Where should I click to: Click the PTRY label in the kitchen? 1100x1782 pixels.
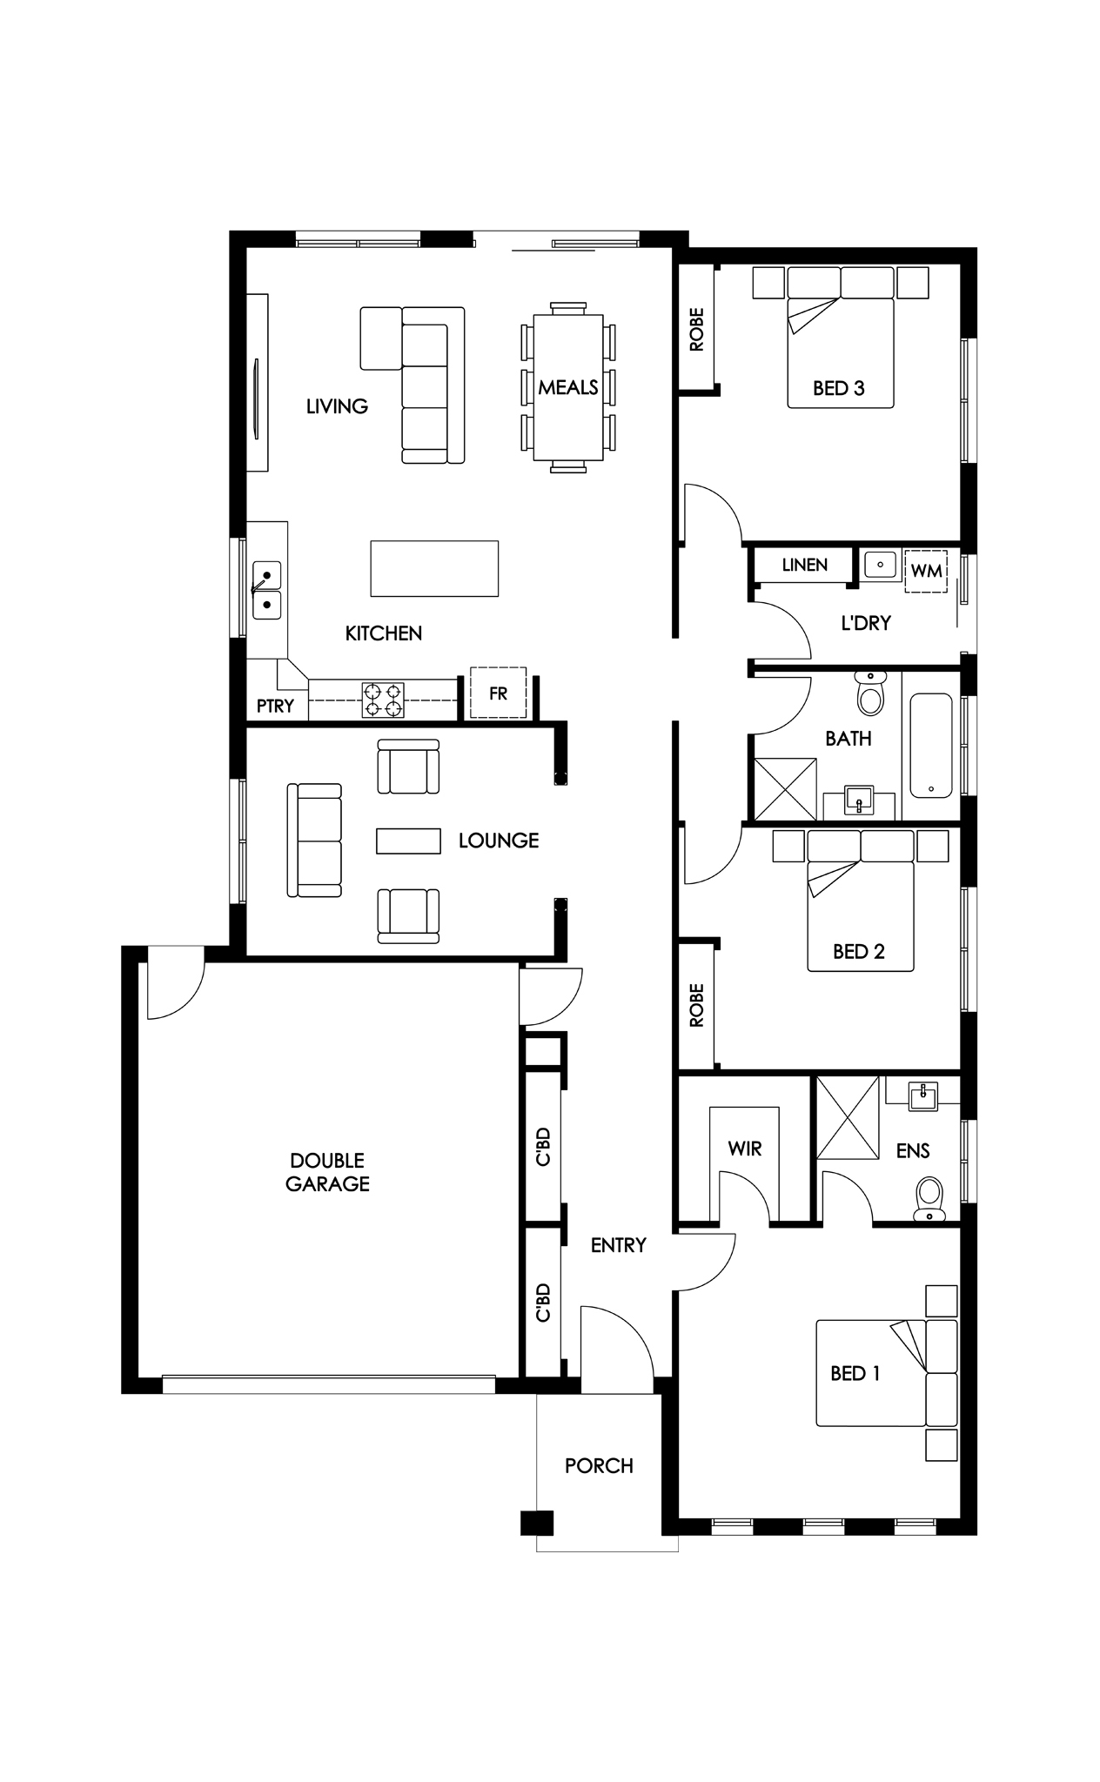pyautogui.click(x=275, y=706)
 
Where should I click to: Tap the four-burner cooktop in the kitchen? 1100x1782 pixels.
pyautogui.click(x=383, y=700)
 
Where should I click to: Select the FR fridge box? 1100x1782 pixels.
pyautogui.click(x=499, y=693)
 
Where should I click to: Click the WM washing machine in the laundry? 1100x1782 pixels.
pyautogui.click(x=926, y=571)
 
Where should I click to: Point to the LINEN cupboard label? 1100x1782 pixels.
pyautogui.click(x=804, y=565)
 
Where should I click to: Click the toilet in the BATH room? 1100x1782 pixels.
pyautogui.click(x=869, y=693)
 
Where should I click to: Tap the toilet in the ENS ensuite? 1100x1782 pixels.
pyautogui.click(x=929, y=1199)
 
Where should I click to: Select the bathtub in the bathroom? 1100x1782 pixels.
pyautogui.click(x=931, y=746)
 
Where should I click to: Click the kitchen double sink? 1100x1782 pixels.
pyautogui.click(x=267, y=590)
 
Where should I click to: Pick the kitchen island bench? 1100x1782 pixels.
pyautogui.click(x=434, y=568)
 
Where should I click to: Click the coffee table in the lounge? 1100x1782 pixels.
pyautogui.click(x=408, y=841)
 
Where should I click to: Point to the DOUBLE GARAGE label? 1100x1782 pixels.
pyautogui.click(x=328, y=1171)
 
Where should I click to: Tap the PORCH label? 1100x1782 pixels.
pyautogui.click(x=599, y=1466)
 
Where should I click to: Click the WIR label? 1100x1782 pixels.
pyautogui.click(x=745, y=1149)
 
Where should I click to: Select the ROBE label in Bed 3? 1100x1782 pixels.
pyautogui.click(x=696, y=330)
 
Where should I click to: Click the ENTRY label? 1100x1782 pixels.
pyautogui.click(x=618, y=1245)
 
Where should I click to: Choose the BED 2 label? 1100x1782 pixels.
pyautogui.click(x=858, y=951)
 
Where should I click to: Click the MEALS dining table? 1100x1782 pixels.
pyautogui.click(x=568, y=387)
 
